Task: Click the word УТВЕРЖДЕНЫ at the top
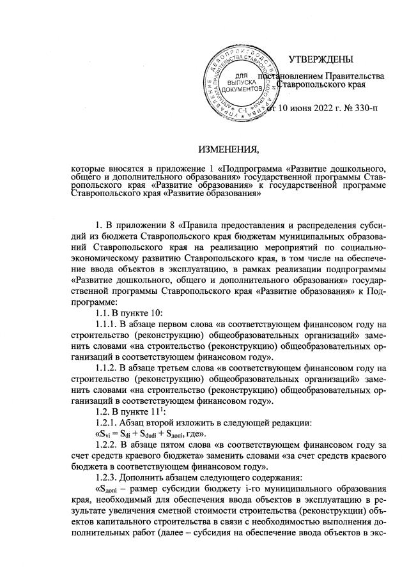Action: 320,60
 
